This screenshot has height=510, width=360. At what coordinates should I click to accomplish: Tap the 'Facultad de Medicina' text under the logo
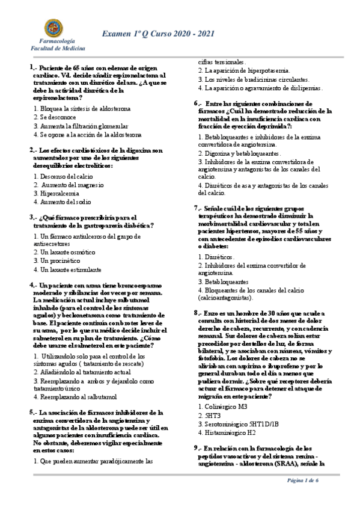click(58, 49)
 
